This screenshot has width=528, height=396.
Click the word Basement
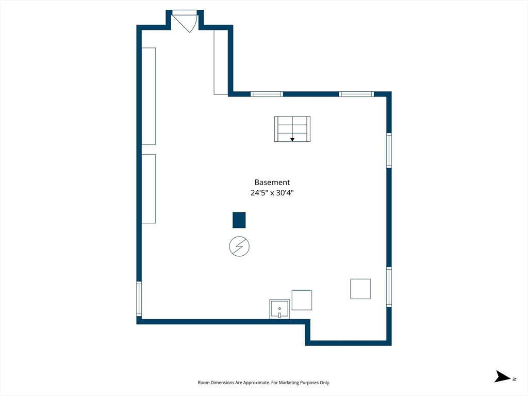pyautogui.click(x=272, y=182)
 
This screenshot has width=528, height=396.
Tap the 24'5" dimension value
pyautogui.click(x=259, y=193)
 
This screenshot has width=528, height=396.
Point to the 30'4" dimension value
pyautogui.click(x=285, y=193)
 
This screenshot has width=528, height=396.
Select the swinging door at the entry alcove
pyautogui.click(x=185, y=21)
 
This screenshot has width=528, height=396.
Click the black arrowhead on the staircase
pyautogui.click(x=292, y=139)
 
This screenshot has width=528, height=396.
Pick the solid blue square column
pyautogui.click(x=239, y=220)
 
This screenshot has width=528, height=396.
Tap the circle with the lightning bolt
pyautogui.click(x=239, y=246)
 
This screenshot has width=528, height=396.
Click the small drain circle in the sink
pyautogui.click(x=279, y=308)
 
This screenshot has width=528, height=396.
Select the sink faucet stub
pyautogui.click(x=279, y=315)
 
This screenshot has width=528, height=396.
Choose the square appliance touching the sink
pyautogui.click(x=302, y=300)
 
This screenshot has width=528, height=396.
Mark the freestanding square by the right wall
pyautogui.click(x=360, y=289)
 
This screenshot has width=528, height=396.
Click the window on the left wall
pyautogui.click(x=139, y=299)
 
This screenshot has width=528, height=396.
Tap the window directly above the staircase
pyautogui.click(x=267, y=94)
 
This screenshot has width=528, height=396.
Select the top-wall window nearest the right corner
pyautogui.click(x=356, y=94)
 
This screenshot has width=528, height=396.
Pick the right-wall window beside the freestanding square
pyautogui.click(x=389, y=287)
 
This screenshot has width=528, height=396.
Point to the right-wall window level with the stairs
pyautogui.click(x=389, y=150)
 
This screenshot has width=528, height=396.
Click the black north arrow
pyautogui.click(x=502, y=376)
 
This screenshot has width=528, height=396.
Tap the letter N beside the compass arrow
pyautogui.click(x=514, y=379)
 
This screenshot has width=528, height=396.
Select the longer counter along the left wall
pyautogui.click(x=148, y=96)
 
